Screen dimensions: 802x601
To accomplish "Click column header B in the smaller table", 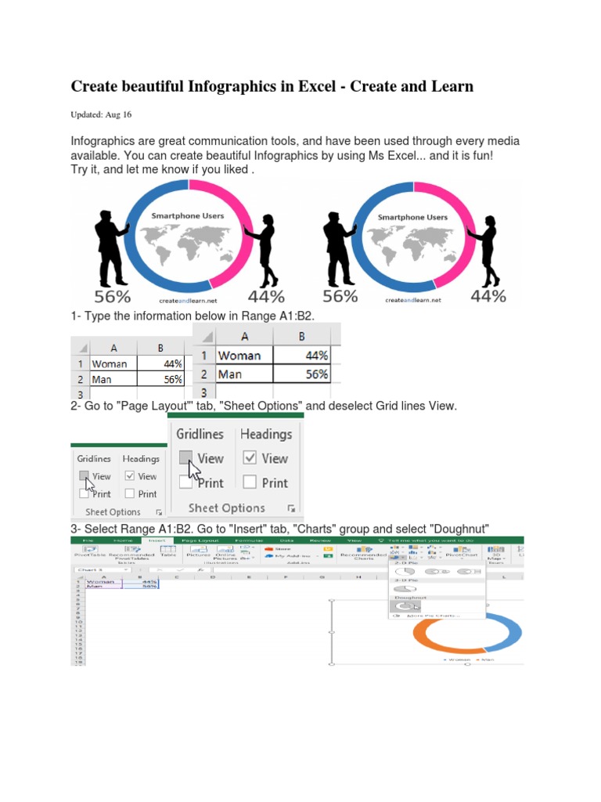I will coord(160,348).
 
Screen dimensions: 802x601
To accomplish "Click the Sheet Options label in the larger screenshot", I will coord(227,508).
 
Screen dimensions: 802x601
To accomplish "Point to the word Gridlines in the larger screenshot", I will coord(200,434).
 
